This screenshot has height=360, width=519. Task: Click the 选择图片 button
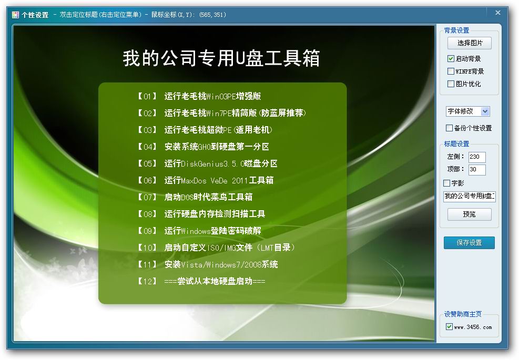(x=470, y=43)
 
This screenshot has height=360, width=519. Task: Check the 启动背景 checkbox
(x=451, y=58)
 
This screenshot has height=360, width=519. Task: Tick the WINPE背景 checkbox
(x=451, y=71)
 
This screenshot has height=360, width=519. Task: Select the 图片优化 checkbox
(x=451, y=84)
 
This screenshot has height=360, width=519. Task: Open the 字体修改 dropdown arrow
(x=485, y=111)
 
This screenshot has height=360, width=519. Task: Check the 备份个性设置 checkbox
(x=449, y=128)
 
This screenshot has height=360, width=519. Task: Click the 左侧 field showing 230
(x=477, y=157)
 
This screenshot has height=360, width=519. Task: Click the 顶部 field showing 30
(x=477, y=169)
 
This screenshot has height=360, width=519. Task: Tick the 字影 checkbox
(x=446, y=183)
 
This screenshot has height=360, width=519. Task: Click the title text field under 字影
(x=470, y=196)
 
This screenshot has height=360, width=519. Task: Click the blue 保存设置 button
(x=470, y=242)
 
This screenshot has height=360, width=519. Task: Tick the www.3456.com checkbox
(x=449, y=326)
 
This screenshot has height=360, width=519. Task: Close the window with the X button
(x=498, y=13)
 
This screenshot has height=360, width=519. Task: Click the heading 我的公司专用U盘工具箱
(x=221, y=58)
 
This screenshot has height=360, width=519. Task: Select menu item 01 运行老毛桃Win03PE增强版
(x=199, y=96)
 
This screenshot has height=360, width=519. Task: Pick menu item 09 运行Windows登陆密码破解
(x=199, y=231)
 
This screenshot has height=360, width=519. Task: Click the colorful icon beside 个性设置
(x=16, y=15)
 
